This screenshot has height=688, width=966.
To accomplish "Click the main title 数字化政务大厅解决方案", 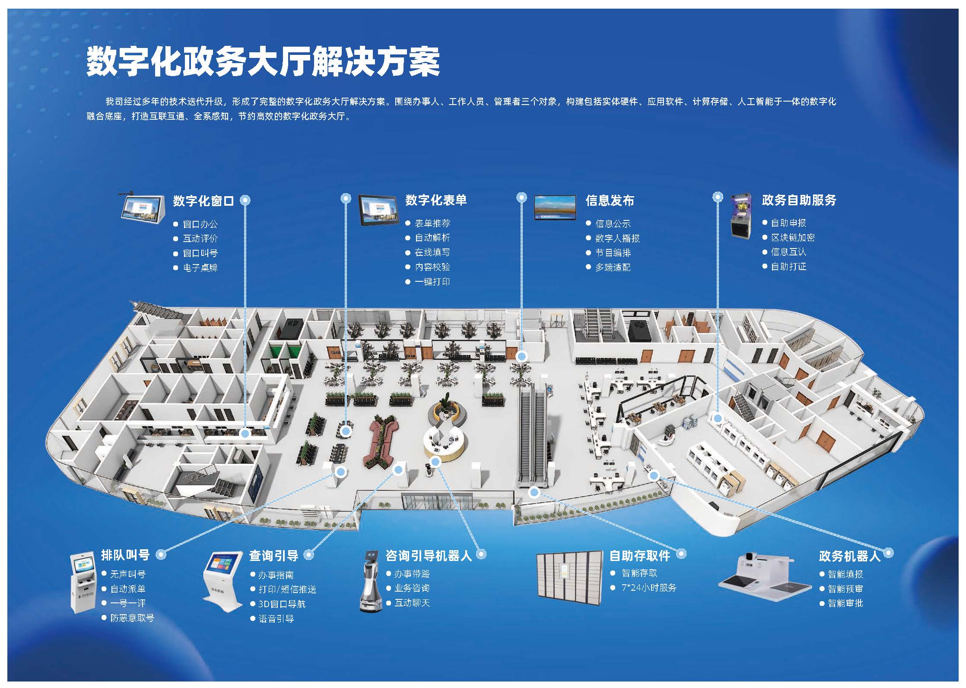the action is pyautogui.click(x=263, y=62).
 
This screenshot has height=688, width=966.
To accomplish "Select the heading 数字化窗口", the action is pyautogui.click(x=203, y=201).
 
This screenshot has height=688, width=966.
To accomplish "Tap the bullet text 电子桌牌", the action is pyautogui.click(x=200, y=268).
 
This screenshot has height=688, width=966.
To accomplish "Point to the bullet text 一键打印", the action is pyautogui.click(x=432, y=282).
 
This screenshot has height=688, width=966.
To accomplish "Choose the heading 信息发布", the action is pyautogui.click(x=610, y=201).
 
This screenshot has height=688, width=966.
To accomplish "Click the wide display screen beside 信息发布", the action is pyautogui.click(x=555, y=207).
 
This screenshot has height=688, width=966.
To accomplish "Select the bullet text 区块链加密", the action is pyautogui.click(x=793, y=238).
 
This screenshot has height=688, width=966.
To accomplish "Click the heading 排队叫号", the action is pyautogui.click(x=125, y=555).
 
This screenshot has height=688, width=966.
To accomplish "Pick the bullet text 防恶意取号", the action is pyautogui.click(x=132, y=618).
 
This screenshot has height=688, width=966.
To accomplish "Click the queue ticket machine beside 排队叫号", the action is pyautogui.click(x=82, y=582).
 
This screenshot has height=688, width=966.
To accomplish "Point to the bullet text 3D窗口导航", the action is pyautogui.click(x=282, y=604).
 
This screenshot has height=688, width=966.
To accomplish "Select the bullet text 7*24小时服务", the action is pyautogui.click(x=649, y=588).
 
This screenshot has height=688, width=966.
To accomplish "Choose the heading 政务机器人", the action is pyautogui.click(x=849, y=556).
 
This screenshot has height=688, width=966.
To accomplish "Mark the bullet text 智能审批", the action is pyautogui.click(x=845, y=603).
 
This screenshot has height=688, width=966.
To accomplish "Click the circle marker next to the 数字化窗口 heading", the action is pyautogui.click(x=245, y=200).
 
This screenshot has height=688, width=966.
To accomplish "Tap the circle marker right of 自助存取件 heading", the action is pyautogui.click(x=681, y=554).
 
